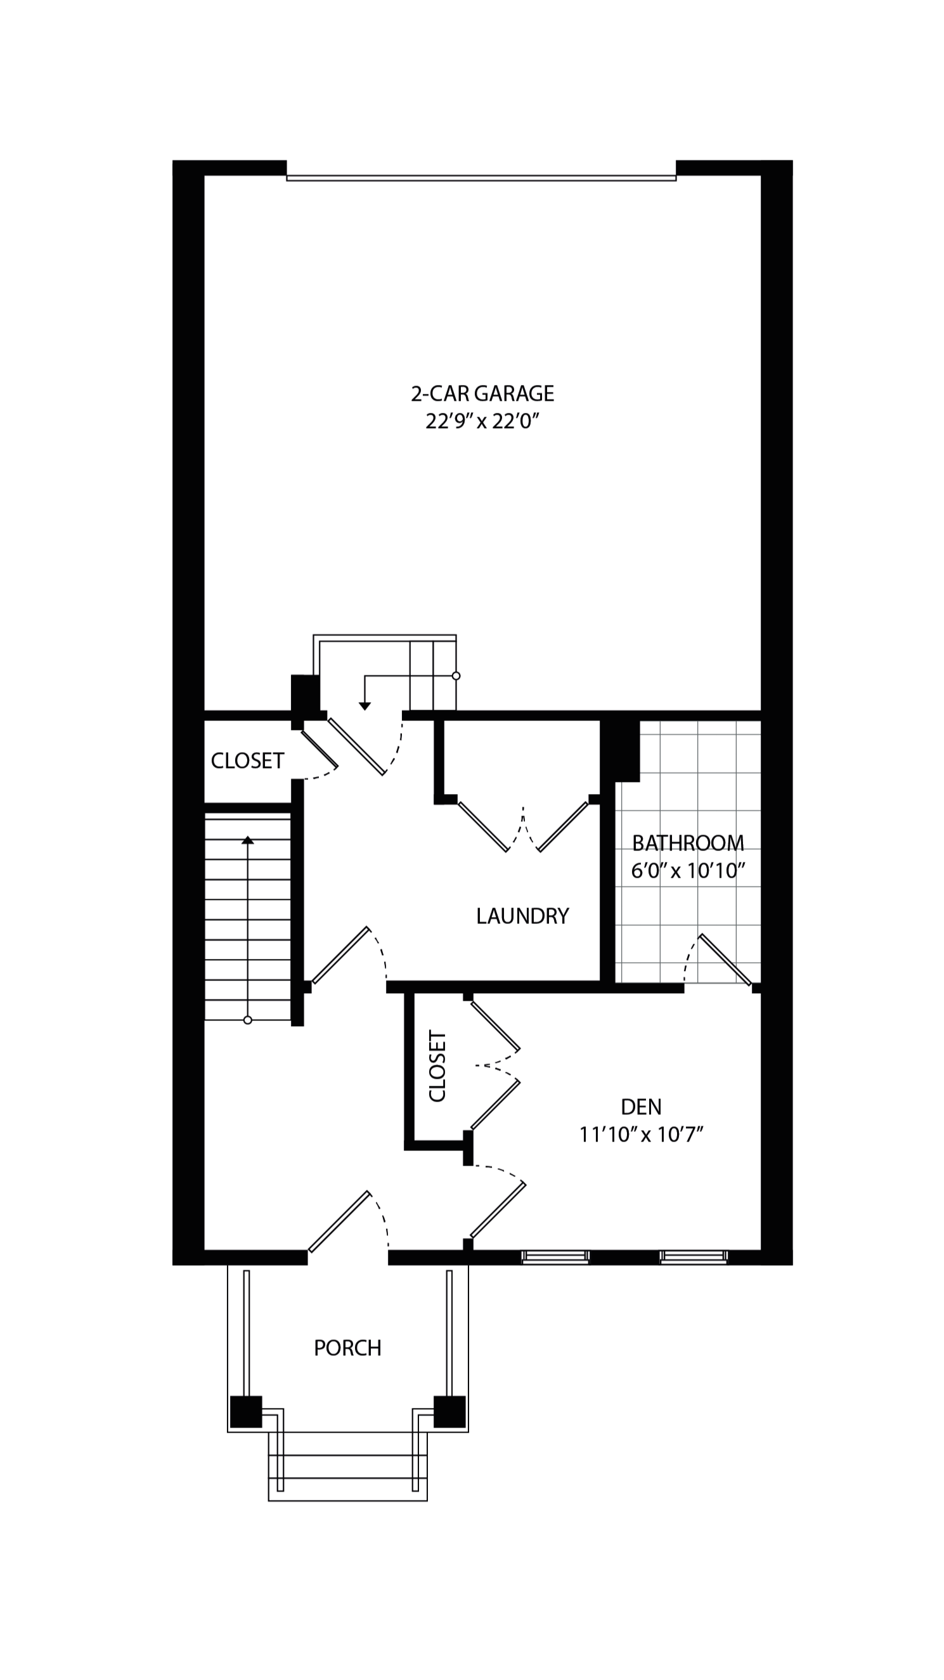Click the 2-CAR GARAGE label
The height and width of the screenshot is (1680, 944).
(x=482, y=394)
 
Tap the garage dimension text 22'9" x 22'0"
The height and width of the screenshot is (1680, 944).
(x=482, y=422)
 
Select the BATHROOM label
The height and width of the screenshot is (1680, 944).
(x=688, y=843)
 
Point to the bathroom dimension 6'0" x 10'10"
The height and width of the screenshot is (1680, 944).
(x=688, y=871)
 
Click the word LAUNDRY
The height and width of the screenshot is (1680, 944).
(x=522, y=916)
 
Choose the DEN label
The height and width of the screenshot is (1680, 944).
(x=641, y=1107)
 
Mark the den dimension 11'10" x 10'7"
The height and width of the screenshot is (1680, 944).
(x=641, y=1135)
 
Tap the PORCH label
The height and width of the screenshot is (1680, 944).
(x=347, y=1348)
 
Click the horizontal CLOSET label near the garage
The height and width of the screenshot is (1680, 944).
(x=247, y=761)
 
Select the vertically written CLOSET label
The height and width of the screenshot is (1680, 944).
(x=437, y=1066)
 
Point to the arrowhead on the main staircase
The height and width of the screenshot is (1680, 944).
(x=248, y=840)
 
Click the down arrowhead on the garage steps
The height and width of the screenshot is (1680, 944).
(x=365, y=707)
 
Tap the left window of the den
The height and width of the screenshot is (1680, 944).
(x=555, y=1257)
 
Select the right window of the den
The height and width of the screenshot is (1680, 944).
(x=693, y=1257)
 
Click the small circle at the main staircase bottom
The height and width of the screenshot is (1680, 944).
(x=248, y=1020)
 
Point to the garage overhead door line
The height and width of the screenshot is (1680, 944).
(x=481, y=178)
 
